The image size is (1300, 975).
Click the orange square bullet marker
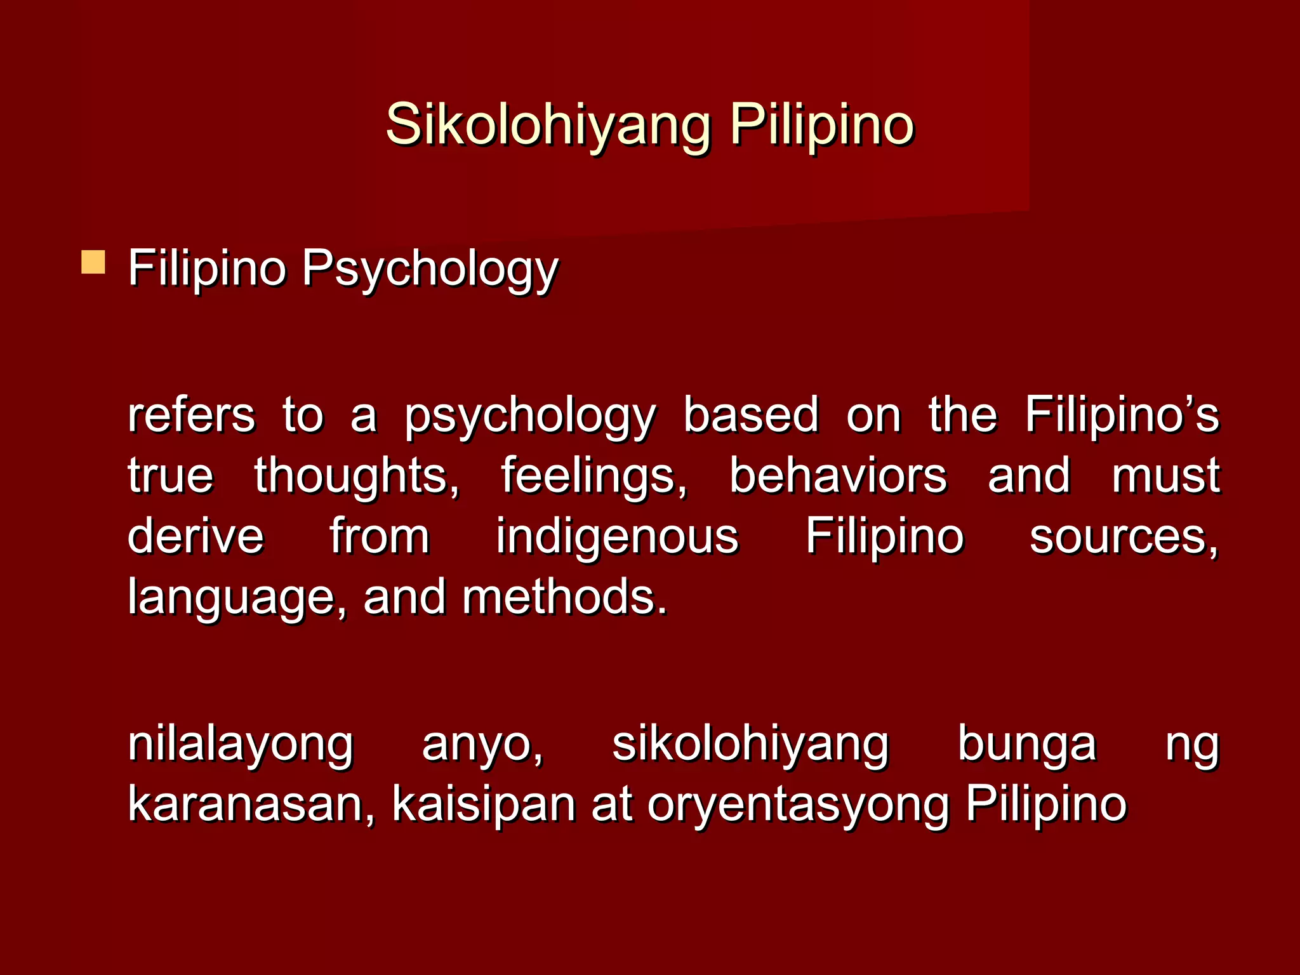[x=93, y=262]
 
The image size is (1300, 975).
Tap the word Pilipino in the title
[x=822, y=124]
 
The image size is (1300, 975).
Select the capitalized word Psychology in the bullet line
[x=430, y=269]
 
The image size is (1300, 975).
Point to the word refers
[x=192, y=415]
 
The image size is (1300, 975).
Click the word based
[x=751, y=415]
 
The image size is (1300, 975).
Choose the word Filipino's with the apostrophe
[x=1122, y=415]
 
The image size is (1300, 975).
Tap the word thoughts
[x=357, y=476]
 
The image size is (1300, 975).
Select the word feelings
[x=594, y=476]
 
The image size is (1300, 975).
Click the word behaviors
[x=838, y=476]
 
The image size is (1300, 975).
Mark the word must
[x=1165, y=476]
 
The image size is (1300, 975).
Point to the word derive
[x=196, y=536]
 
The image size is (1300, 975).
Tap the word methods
[x=564, y=597]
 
